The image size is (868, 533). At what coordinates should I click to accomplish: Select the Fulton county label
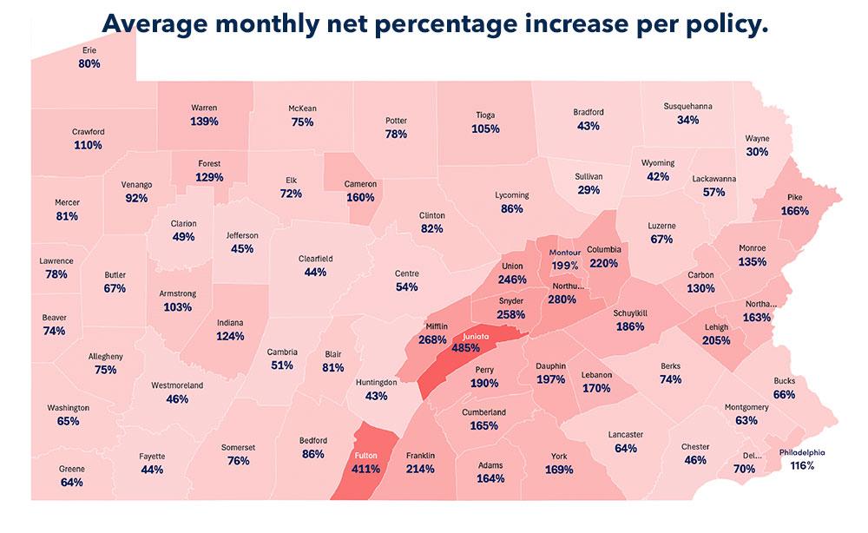(367, 456)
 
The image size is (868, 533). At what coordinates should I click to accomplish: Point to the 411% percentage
(367, 470)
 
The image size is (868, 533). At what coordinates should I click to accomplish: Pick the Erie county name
(89, 51)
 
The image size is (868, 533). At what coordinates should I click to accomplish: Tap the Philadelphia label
(803, 452)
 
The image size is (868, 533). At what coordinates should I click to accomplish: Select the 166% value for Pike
(794, 211)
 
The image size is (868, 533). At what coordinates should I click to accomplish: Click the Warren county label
(204, 108)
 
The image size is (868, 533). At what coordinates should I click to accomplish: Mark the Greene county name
(72, 470)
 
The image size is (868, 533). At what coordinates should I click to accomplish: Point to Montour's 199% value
(564, 265)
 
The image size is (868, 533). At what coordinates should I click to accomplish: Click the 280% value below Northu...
(562, 299)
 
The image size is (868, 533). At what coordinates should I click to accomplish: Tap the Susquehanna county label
(688, 106)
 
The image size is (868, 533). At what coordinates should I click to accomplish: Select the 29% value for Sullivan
(589, 190)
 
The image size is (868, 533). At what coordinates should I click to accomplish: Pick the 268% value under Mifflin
(431, 339)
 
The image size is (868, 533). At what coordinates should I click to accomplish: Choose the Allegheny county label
(106, 356)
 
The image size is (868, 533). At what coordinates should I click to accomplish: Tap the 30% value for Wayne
(757, 152)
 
